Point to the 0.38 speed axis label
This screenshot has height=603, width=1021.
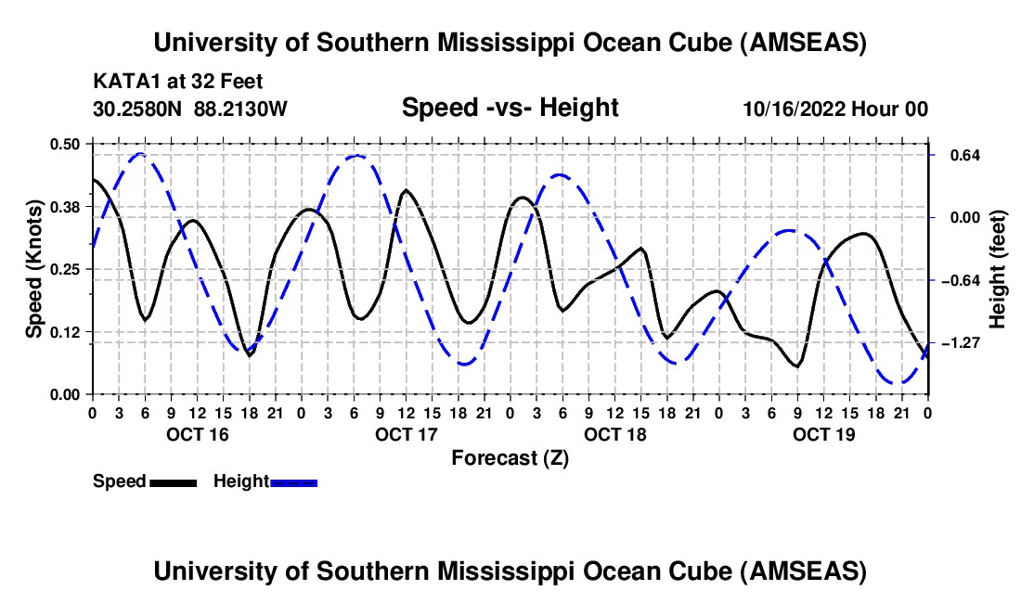(66, 206)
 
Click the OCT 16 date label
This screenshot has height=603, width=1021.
(197, 434)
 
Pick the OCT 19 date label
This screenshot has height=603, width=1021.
(823, 434)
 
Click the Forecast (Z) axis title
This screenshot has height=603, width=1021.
(510, 457)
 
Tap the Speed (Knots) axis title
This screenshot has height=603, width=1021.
(34, 268)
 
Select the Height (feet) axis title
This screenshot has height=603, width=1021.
(998, 268)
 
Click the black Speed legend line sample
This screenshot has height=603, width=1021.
(172, 481)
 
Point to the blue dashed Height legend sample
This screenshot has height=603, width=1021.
(293, 481)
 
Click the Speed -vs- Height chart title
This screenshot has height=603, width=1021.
(510, 108)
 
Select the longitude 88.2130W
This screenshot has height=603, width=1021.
(241, 109)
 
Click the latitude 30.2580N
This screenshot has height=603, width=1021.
(139, 109)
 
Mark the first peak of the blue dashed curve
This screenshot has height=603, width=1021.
(140, 154)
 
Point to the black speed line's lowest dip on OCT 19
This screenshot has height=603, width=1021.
(796, 366)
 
